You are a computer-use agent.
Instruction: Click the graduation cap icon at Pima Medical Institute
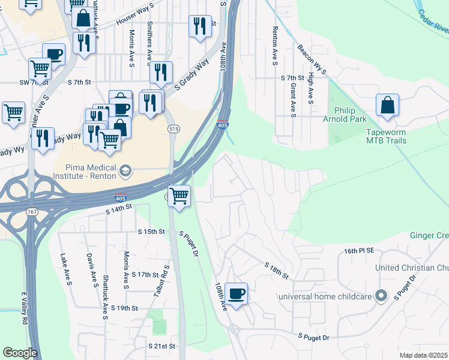coord(125,170)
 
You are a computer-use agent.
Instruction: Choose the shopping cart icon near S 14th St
coord(179,196)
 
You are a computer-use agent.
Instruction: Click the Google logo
coord(20,353)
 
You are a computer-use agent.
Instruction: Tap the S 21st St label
coord(162,346)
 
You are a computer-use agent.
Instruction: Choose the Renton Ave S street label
coord(275,45)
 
